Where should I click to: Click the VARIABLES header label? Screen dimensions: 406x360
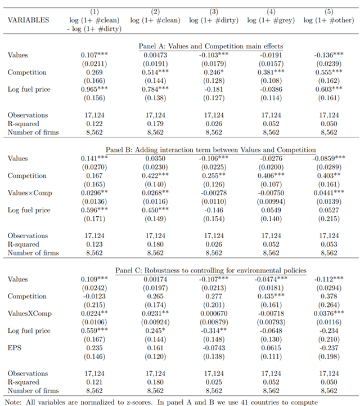pos(29,20)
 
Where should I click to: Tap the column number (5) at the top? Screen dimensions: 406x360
pos(328,12)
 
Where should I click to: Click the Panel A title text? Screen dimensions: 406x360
pos(210,46)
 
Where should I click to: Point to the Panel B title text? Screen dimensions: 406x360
pos(211,150)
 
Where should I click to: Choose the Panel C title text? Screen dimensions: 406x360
pos(211,270)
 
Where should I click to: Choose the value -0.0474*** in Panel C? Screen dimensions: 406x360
pos(269,279)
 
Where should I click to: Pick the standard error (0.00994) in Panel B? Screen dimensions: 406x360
pos(269,201)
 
